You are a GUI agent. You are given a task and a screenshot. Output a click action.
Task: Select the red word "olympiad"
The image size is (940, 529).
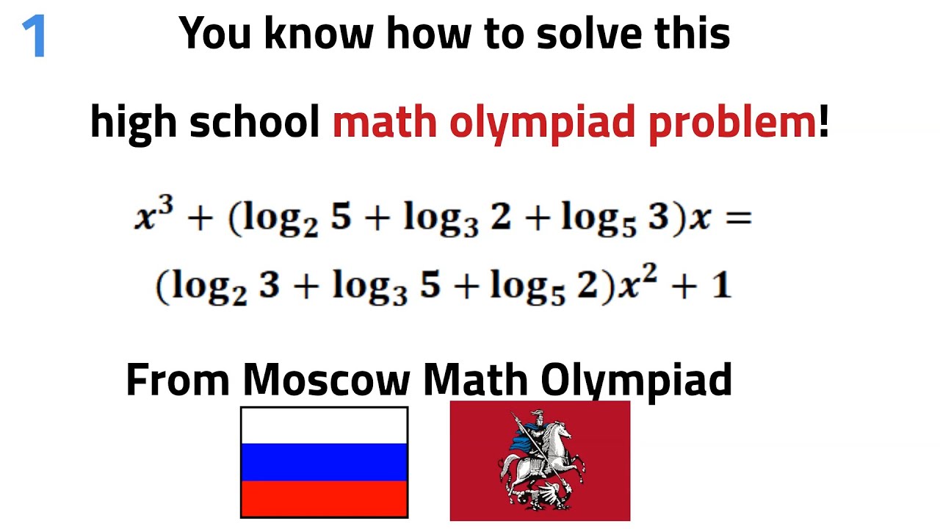click(x=542, y=123)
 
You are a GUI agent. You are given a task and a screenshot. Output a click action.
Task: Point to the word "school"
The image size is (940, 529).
click(x=254, y=121)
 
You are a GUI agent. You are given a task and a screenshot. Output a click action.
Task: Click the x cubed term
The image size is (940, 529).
click(x=153, y=217)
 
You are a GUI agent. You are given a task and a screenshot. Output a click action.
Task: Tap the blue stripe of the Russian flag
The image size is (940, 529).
click(x=324, y=463)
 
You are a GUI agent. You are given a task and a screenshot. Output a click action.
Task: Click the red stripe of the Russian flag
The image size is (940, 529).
click(x=324, y=500)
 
